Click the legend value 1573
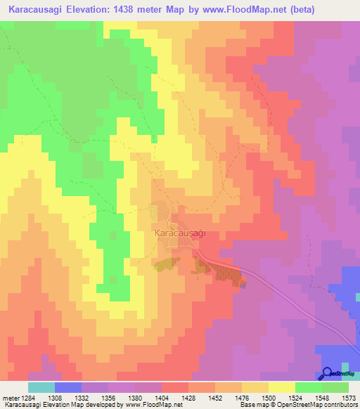tap(347, 397)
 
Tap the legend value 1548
tap(321, 397)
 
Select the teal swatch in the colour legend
tap(41, 387)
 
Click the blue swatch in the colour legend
tap(67, 387)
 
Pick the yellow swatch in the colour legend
tap(281, 387)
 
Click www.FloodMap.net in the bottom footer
tap(150, 405)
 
